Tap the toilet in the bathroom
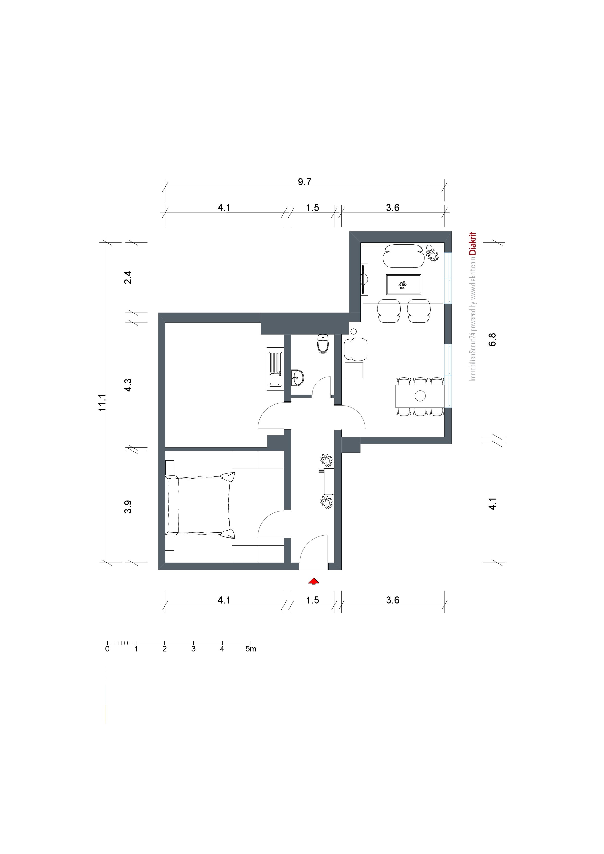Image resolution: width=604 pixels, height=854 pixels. (323, 344)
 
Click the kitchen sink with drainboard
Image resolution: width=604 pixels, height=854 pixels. (275, 369)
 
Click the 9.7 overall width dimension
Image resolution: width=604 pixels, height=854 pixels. (304, 182)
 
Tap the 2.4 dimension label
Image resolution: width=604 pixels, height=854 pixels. (128, 278)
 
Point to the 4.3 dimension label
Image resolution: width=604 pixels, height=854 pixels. (128, 385)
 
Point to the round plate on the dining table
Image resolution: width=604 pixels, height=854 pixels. (420, 396)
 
